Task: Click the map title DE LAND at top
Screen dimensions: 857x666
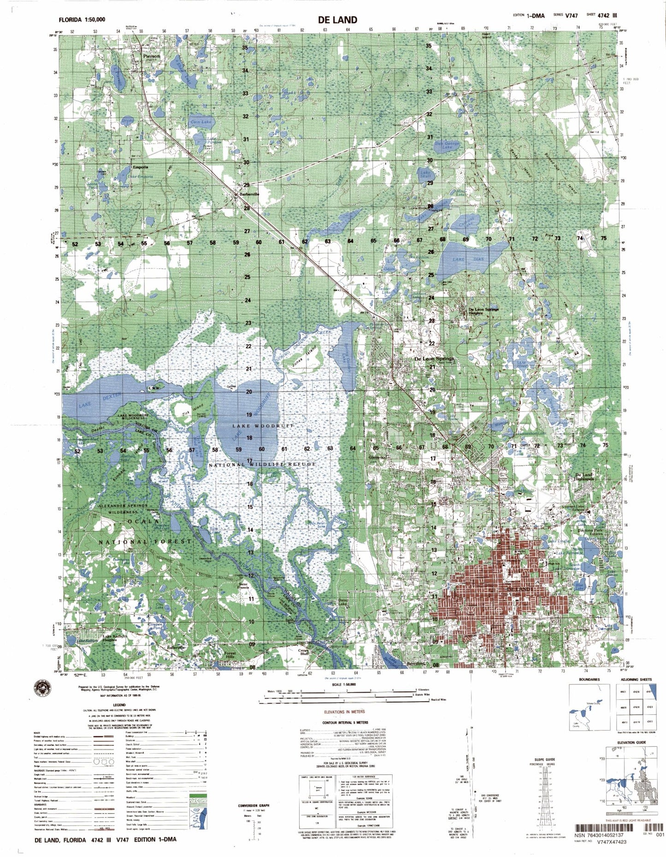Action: click(x=337, y=19)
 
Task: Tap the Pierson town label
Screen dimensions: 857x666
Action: click(x=152, y=56)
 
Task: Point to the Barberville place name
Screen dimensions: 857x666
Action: click(x=250, y=194)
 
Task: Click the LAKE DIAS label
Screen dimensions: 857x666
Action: click(x=468, y=259)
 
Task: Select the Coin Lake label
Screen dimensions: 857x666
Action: click(x=201, y=122)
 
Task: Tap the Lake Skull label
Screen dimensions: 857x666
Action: click(x=425, y=174)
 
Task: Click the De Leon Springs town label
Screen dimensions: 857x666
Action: click(x=434, y=358)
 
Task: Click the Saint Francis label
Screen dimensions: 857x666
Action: click(x=243, y=586)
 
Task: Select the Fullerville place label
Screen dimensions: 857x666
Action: click(x=177, y=647)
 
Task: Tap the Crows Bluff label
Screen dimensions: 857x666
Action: click(x=304, y=652)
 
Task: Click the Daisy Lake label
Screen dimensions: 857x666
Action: click(x=343, y=602)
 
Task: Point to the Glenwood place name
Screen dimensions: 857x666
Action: click(x=377, y=457)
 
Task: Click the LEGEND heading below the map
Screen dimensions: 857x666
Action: click(x=119, y=705)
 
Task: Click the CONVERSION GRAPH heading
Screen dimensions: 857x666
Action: click(x=251, y=806)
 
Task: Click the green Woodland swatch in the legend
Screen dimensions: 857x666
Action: click(x=198, y=796)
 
